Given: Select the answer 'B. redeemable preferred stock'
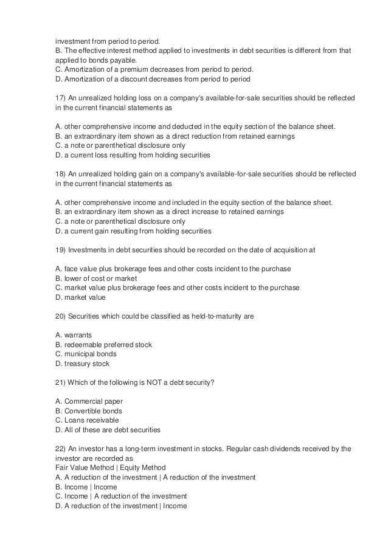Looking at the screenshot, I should (100, 345).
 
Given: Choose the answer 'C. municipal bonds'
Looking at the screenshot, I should (82, 354).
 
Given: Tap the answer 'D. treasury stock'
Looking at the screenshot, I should (80, 364).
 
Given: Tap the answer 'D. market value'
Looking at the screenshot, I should (77, 297).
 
